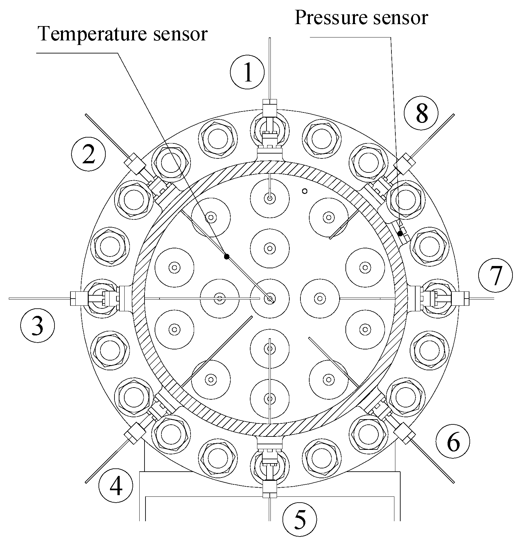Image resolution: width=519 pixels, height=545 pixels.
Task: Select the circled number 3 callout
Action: [x=37, y=325]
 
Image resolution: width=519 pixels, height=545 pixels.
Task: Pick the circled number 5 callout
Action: [x=299, y=519]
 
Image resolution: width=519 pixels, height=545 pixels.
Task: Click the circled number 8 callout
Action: [x=421, y=113]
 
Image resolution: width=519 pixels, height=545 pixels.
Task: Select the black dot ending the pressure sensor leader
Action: [x=400, y=233]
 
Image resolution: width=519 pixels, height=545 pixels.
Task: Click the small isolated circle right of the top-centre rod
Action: [x=305, y=191]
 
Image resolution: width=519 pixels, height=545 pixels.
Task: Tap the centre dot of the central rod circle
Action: [x=269, y=298]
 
